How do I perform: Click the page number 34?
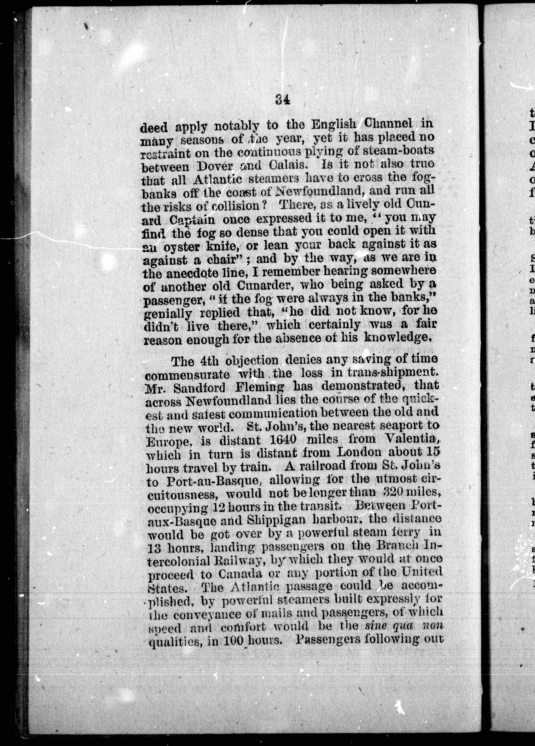(282, 99)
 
